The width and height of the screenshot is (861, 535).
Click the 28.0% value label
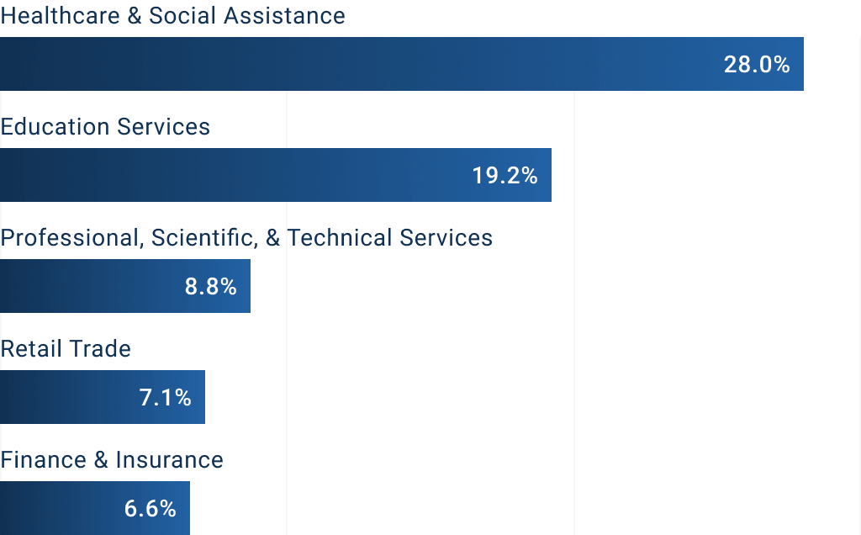coord(757,65)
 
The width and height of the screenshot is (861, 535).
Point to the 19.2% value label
coord(504,176)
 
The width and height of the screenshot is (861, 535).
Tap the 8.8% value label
coord(210,287)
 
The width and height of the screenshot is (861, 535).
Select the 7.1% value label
coord(166,398)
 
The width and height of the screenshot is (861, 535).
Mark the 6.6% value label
coord(151,509)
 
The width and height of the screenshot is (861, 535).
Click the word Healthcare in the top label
coord(60,16)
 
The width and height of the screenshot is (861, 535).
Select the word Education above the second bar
coord(55,127)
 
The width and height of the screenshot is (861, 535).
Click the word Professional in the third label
coord(71,238)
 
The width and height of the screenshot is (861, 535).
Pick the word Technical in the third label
coord(340,238)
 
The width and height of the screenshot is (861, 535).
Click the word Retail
coord(29,349)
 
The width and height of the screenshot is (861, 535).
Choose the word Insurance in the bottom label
coord(169,460)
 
